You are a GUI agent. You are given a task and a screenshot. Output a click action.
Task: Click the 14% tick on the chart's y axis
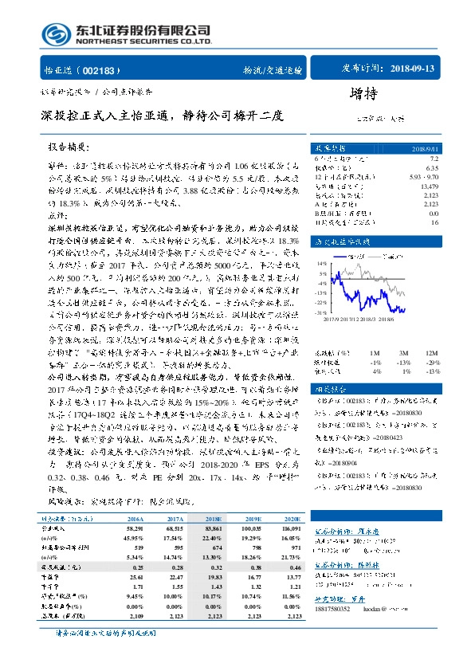coord(321,262)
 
